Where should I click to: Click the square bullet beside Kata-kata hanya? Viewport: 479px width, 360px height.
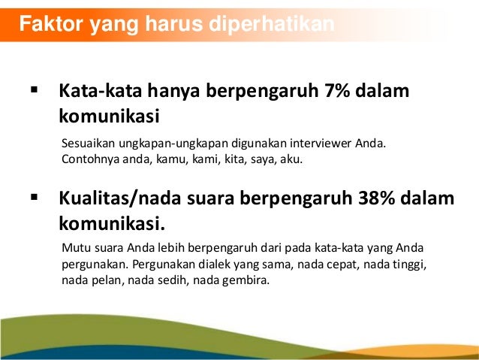(34, 91)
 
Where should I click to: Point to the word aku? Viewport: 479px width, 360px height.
(291, 159)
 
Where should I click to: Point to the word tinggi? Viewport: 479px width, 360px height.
(409, 265)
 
